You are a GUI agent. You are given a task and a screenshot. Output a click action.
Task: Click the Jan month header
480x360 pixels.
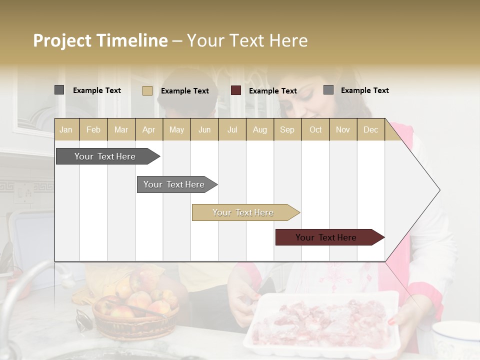tap(66, 129)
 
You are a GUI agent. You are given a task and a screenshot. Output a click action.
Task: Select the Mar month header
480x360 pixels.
tap(121, 129)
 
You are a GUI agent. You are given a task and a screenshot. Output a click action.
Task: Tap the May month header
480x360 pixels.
tap(176, 129)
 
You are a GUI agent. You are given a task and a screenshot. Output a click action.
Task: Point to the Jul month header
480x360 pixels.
tap(232, 129)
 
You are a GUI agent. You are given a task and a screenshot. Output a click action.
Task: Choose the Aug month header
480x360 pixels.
tap(259, 129)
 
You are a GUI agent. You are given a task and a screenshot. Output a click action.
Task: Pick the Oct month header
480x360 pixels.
tap(315, 129)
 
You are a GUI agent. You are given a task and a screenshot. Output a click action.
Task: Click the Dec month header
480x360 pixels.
tap(370, 129)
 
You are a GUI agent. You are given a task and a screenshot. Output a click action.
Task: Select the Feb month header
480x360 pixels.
tap(93, 129)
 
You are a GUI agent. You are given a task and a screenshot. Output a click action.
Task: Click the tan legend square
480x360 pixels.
tap(147, 90)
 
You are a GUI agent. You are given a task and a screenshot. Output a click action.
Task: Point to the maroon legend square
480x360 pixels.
tap(236, 90)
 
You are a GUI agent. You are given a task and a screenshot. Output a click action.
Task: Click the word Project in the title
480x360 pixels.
tap(62, 40)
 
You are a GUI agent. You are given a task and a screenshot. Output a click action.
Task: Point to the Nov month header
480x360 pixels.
tap(343, 129)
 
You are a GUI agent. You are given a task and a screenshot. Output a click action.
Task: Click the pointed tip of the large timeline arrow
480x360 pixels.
tap(439, 190)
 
